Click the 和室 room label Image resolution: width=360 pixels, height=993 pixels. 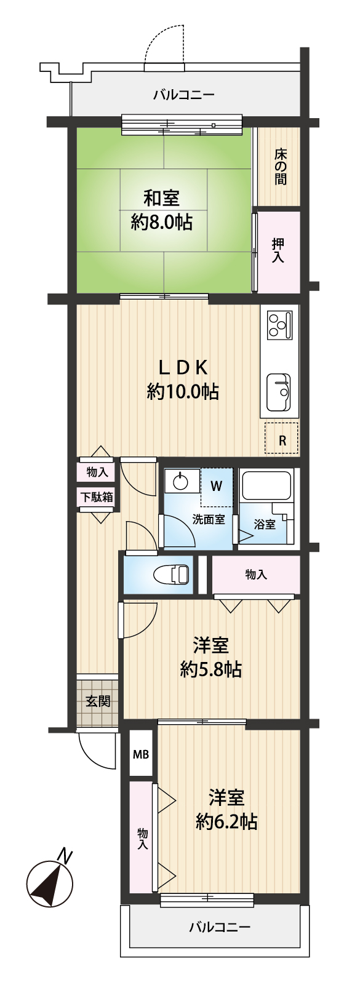pos(161,197)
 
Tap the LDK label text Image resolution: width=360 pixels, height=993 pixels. pos(183,367)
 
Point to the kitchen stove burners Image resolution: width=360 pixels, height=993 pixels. pos(280,325)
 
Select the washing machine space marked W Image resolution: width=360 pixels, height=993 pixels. pos(216,487)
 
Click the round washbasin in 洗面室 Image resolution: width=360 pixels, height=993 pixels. pos(180,482)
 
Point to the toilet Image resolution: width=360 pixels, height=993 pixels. pos(171,575)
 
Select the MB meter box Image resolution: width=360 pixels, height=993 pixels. pos(142,754)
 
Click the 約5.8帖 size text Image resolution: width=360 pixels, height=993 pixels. pos(210,669)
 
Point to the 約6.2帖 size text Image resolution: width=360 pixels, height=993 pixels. pos(226,823)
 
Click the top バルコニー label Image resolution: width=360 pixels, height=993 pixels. pos(184,95)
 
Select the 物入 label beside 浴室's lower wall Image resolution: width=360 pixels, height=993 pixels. pos(256,575)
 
